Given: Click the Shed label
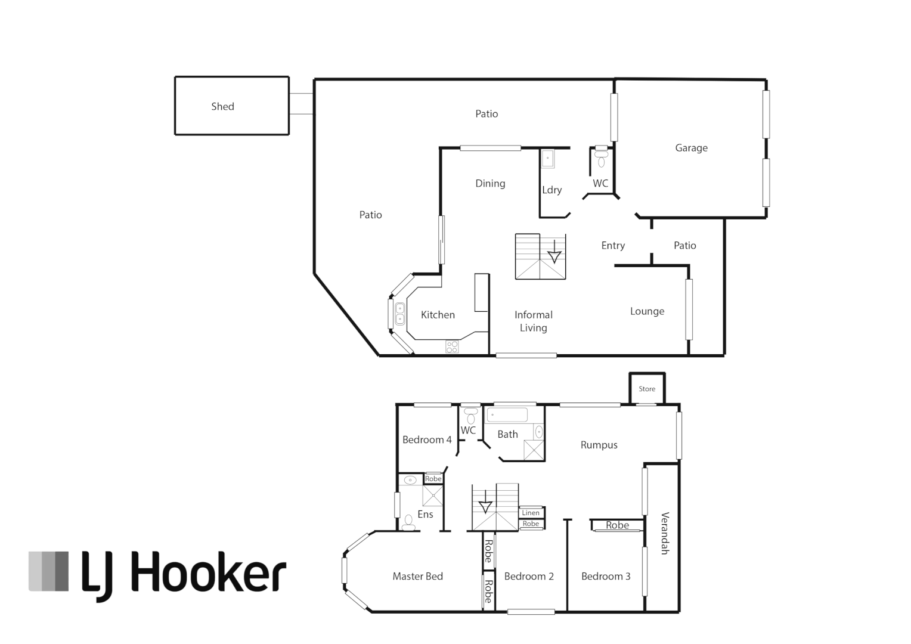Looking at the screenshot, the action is pos(222,107).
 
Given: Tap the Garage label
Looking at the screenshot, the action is pos(691,148).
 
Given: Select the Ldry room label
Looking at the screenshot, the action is pos(551,190).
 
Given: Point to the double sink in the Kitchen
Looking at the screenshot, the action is pos(400,314).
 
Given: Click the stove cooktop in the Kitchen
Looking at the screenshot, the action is pos(452,346).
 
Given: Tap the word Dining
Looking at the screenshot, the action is pos(490,184).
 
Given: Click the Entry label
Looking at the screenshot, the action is pos(613,246).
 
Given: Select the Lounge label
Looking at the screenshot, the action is pos(647,311).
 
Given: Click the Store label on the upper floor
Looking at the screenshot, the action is pos(647,389).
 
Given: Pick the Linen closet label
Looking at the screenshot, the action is pos(531,513).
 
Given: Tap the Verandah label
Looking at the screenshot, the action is pos(665,533).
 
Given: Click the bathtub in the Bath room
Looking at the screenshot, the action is pos(507,414).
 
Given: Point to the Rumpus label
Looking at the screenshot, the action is pos(599,445).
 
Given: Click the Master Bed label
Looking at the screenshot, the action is pos(417,576).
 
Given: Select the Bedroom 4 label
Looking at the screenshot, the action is pos(427,440).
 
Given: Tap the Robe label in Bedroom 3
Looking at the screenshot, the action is pos(617,525).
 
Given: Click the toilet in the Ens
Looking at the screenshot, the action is pos(409,523).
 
